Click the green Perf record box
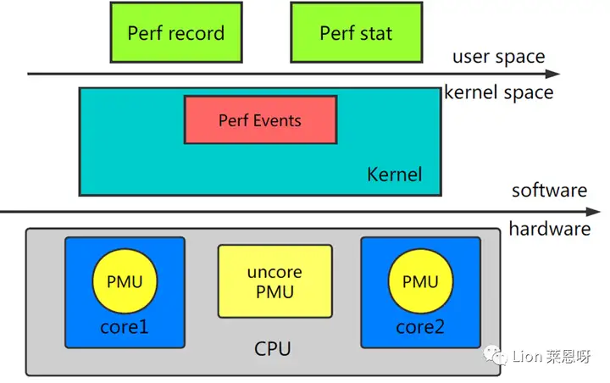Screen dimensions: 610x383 coord(176,32)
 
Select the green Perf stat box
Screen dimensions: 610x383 coord(357,32)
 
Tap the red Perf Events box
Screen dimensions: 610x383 coord(260,119)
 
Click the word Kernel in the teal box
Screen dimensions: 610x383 coord(394,174)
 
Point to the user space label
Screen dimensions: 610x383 coord(499,57)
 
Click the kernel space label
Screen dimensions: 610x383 coord(499,92)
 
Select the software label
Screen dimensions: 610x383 coord(549,191)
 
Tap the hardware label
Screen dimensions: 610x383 coord(550,229)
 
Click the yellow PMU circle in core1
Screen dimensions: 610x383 coord(125,281)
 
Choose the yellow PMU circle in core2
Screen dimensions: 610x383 coord(420,281)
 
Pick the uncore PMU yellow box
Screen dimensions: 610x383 coord(275,281)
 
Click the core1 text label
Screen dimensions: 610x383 coord(125,327)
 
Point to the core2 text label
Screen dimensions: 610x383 coord(420,327)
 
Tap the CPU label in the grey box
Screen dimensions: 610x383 coord(272,349)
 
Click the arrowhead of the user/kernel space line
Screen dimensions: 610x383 coord(552,74)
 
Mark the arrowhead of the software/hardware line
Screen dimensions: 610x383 coord(593,212)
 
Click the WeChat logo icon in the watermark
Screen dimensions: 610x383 coord(495,355)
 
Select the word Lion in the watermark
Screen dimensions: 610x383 coord(527,356)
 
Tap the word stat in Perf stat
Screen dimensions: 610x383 coord(376,34)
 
